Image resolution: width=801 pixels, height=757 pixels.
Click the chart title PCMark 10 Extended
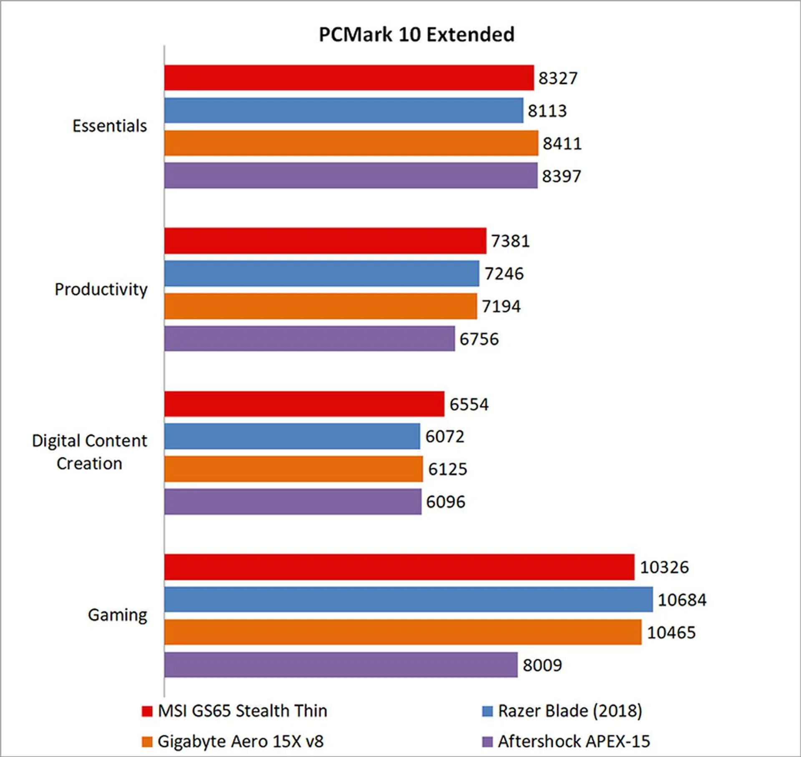point(416,35)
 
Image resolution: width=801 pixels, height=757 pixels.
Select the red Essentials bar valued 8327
point(349,78)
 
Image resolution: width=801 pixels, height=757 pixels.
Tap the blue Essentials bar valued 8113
point(344,110)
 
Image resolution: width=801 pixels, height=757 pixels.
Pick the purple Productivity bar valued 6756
point(310,338)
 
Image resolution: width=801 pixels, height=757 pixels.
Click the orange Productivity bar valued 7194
point(320,306)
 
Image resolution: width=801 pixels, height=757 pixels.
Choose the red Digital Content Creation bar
point(304,404)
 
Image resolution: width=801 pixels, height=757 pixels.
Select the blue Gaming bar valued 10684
point(408,599)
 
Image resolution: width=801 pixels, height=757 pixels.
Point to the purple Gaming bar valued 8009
point(341,665)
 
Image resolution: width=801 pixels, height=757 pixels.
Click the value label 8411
point(562,143)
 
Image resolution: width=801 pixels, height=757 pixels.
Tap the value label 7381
point(510,241)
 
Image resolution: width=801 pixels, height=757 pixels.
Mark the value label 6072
point(445,436)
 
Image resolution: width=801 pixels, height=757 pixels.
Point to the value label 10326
point(664,567)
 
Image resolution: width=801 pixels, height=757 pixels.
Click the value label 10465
point(671,632)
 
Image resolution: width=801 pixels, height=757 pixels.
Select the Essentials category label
point(110,126)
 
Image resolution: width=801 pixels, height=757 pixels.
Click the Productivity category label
point(101,289)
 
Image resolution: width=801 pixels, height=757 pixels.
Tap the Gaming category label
point(118,615)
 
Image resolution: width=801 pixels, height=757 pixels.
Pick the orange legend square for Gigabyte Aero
point(147,742)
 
